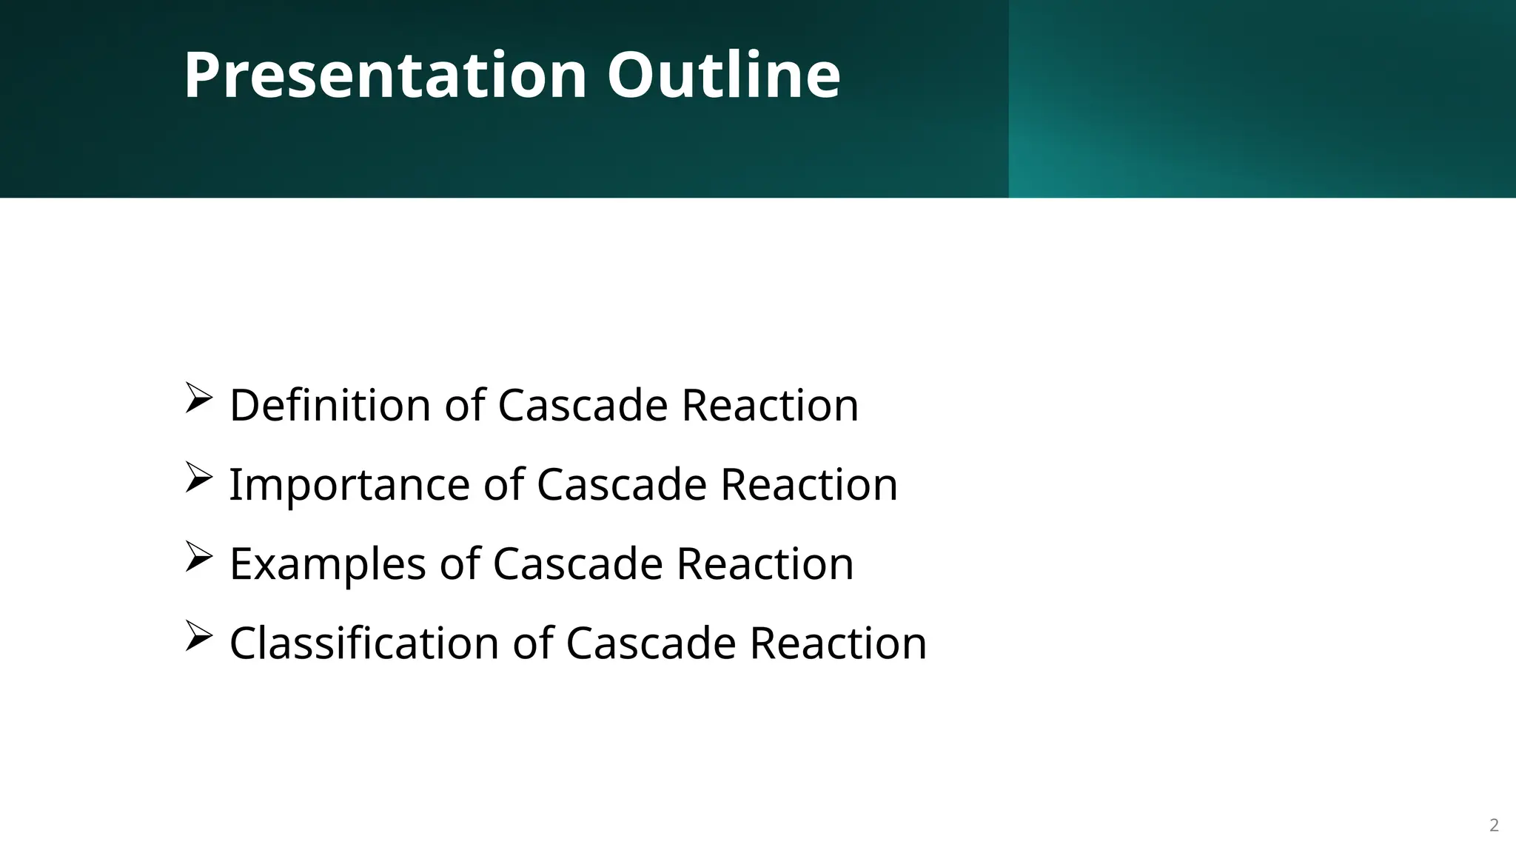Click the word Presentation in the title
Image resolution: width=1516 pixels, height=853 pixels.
[x=385, y=76]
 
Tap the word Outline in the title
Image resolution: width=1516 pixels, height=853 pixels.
[x=723, y=76]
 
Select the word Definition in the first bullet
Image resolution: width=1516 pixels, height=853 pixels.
[x=329, y=405]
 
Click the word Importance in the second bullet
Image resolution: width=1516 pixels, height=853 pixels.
[x=349, y=484]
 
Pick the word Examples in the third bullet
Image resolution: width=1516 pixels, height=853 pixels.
[x=327, y=563]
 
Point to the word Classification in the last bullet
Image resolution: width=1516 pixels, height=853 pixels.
[x=363, y=643]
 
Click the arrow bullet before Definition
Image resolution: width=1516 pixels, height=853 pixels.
[x=198, y=398]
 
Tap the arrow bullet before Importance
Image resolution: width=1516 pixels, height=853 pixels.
[x=198, y=477]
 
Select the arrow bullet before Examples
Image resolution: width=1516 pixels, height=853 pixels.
[x=198, y=556]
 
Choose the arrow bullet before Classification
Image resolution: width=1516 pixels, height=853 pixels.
[x=198, y=635]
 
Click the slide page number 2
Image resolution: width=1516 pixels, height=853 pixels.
[x=1494, y=826]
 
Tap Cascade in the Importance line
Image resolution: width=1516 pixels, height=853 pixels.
[x=622, y=484]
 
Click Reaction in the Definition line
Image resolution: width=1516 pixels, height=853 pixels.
[x=770, y=405]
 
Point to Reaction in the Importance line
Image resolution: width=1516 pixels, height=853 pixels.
[x=809, y=484]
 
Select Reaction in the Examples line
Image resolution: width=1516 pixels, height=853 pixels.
[x=765, y=563]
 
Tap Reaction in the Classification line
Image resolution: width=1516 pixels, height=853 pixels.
[x=838, y=643]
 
